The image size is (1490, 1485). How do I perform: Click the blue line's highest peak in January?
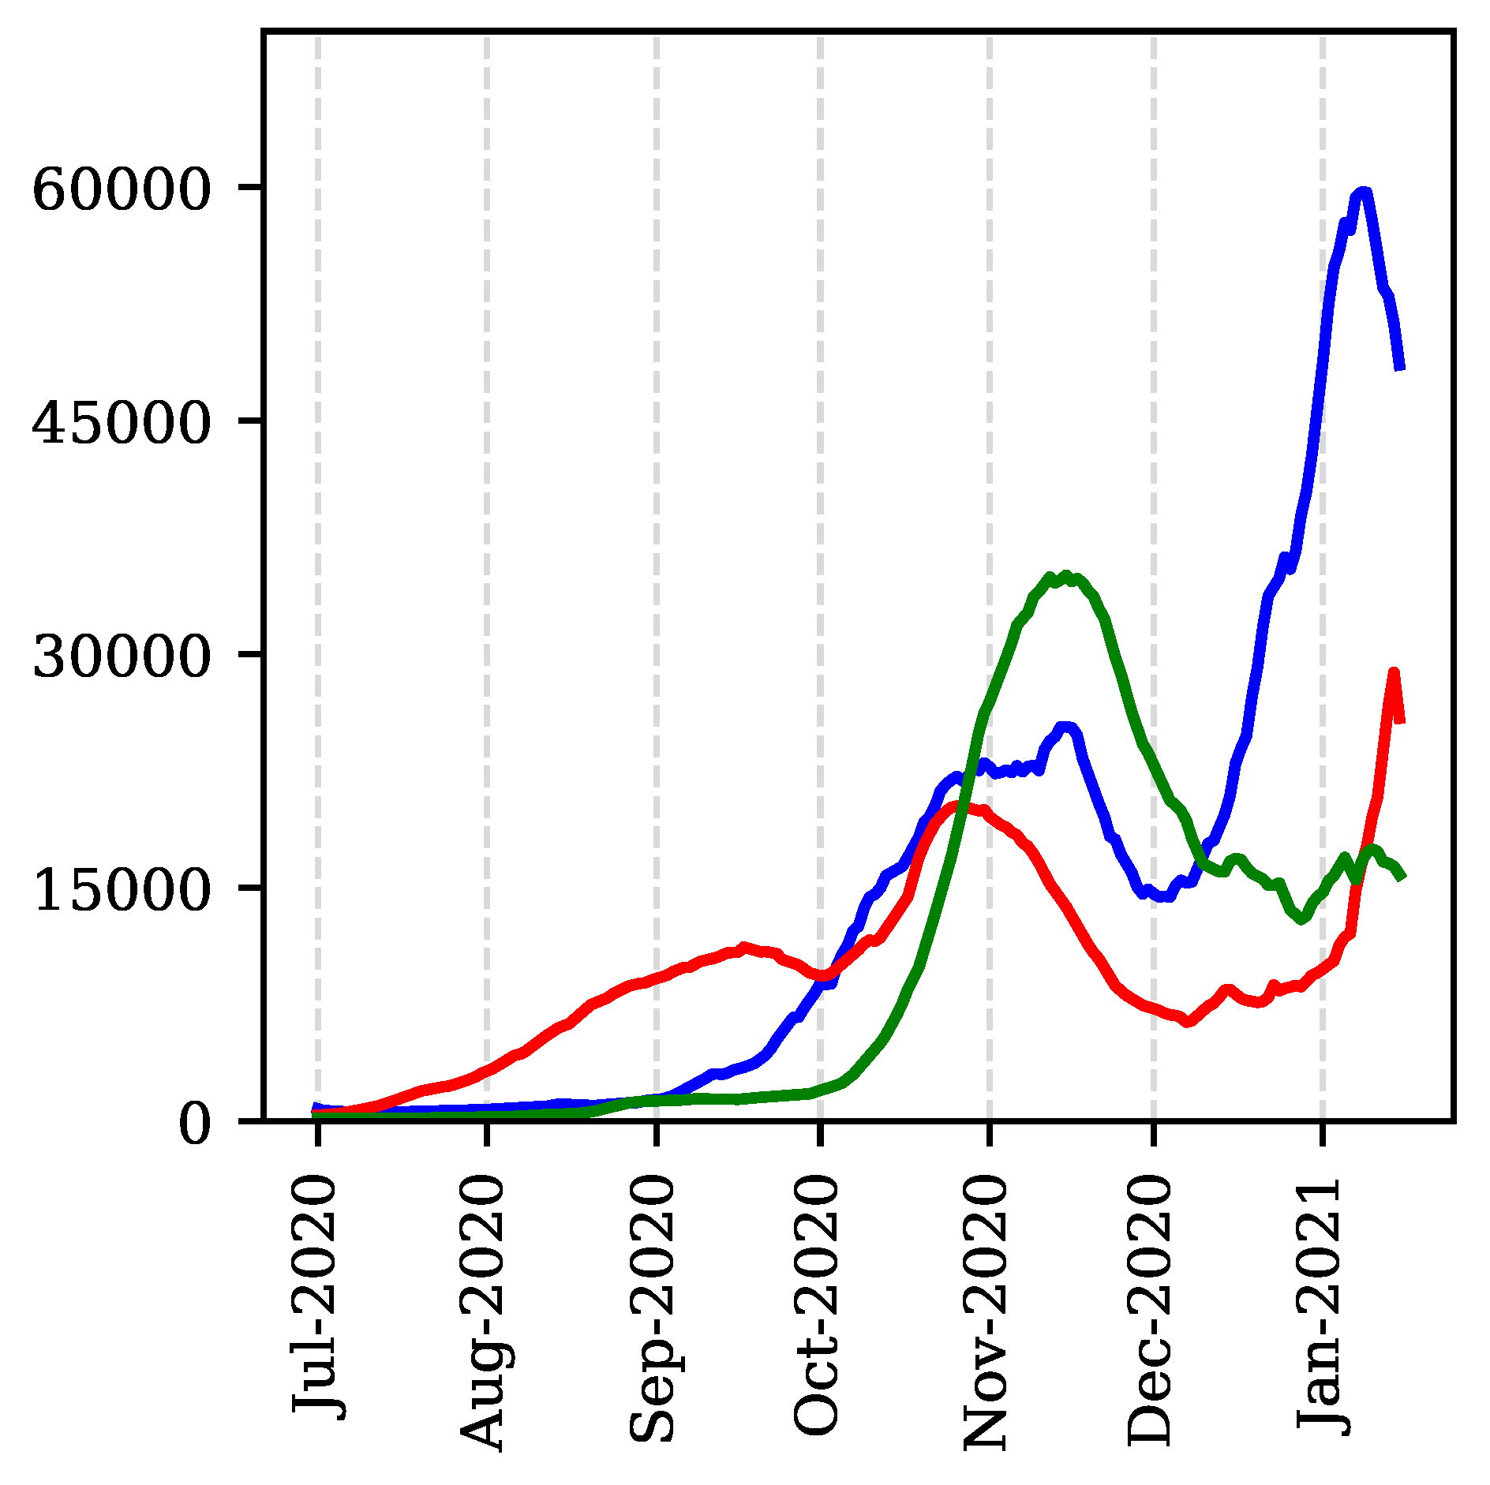pyautogui.click(x=1362, y=192)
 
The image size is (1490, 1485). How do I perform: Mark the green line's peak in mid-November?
pyautogui.click(x=1065, y=576)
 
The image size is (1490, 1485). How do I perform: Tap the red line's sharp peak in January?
pyautogui.click(x=1394, y=672)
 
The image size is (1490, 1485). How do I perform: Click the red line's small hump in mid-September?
pyautogui.click(x=743, y=946)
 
